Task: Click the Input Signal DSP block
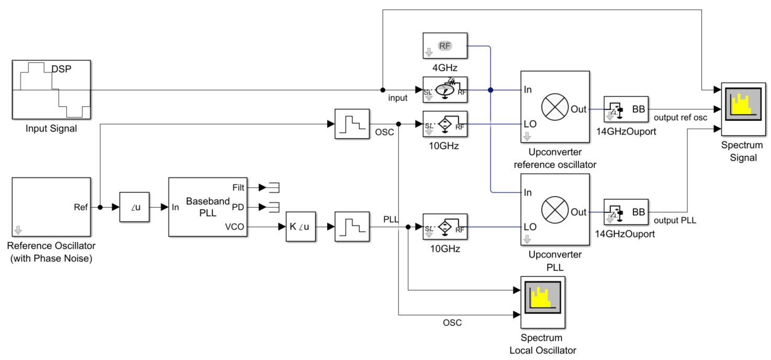[51, 89]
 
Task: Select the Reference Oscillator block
[51, 207]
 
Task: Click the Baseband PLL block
[208, 207]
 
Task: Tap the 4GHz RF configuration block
[444, 46]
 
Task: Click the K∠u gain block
[300, 227]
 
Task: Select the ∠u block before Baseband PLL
[134, 207]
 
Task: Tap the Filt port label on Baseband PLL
[238, 187]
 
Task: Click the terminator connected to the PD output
[272, 207]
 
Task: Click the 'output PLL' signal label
[675, 220]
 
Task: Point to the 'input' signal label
[397, 98]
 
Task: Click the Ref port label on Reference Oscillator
[81, 207]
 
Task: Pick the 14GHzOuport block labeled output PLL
[625, 211]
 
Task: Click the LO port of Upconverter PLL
[530, 227]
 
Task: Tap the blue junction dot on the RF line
[490, 90]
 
